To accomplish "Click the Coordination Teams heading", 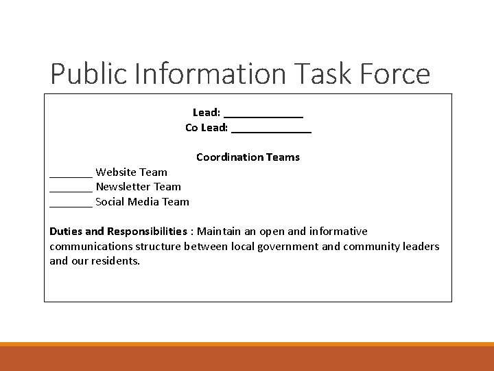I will point(248,157).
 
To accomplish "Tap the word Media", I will point(147,202).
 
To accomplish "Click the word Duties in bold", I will point(67,232).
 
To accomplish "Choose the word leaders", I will point(421,247).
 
